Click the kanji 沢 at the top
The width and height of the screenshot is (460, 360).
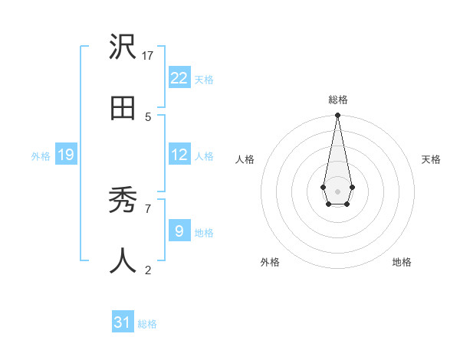(x=123, y=48)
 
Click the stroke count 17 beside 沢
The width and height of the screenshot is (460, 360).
(x=148, y=56)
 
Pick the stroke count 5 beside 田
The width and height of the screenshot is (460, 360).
(x=148, y=116)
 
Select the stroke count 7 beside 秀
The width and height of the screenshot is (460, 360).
(x=148, y=208)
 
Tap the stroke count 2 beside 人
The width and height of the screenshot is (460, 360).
(x=148, y=269)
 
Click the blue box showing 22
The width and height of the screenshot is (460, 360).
(x=179, y=77)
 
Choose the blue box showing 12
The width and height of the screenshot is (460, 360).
(x=179, y=155)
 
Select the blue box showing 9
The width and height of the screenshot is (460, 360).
(x=179, y=231)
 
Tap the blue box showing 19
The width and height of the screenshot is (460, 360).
(x=65, y=155)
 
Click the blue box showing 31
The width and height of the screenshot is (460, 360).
(x=123, y=322)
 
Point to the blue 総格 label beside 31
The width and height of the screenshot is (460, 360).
(x=147, y=324)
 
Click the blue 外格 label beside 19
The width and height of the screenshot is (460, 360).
(x=41, y=156)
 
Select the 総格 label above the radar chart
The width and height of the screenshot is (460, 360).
(x=338, y=100)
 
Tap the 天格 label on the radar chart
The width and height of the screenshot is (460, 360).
(x=431, y=159)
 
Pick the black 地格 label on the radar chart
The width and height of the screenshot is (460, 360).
(x=402, y=262)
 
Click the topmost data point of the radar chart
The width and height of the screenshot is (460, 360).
(x=337, y=115)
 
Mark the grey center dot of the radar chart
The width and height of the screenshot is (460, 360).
(x=337, y=190)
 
